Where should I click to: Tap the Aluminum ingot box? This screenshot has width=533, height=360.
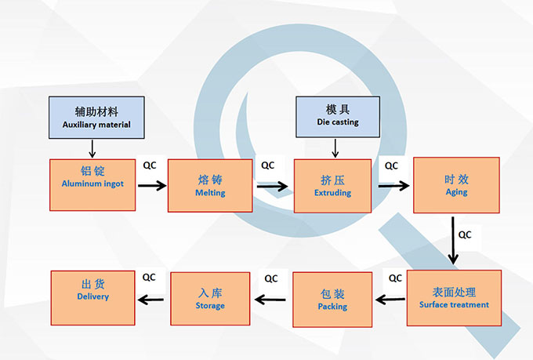pos(92,185)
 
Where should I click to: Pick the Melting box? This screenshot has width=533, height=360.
pos(210,186)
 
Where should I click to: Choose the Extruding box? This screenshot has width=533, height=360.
pos(332,185)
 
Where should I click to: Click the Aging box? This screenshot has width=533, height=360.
pos(456,184)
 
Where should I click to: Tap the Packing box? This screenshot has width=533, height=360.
pos(332,299)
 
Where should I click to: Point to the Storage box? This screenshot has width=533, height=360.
pos(210,298)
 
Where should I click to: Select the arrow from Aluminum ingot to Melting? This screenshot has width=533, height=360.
pos(153,186)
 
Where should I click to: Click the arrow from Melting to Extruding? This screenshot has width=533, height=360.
pos(272,186)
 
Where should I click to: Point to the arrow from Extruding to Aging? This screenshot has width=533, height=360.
pos(394,186)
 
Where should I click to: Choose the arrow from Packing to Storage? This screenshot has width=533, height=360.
pos(270,298)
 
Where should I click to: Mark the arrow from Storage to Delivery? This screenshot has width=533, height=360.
pos(154,297)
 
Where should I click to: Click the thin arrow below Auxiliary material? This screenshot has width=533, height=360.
pos(92,147)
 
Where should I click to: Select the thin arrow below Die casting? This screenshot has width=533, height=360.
pos(335,147)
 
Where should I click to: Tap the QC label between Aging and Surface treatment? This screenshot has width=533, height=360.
pos(465,234)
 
